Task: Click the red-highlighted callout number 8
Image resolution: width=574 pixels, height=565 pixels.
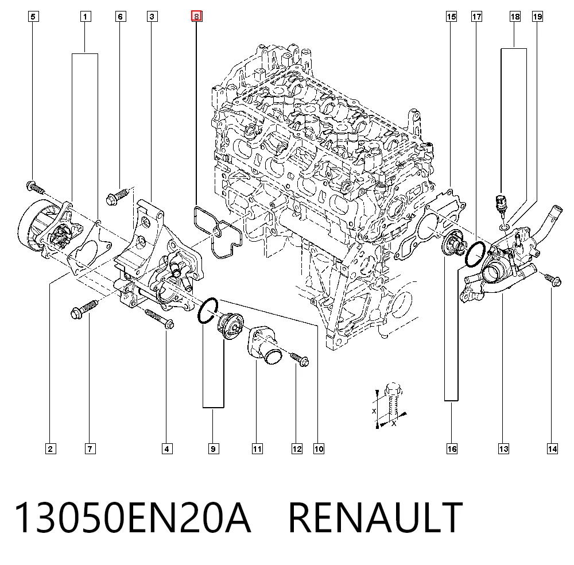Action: click(196, 17)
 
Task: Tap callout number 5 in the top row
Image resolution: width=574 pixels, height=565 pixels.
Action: click(33, 17)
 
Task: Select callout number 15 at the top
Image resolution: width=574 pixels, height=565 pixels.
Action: click(451, 17)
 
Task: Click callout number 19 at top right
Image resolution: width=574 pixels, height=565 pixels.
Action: click(537, 17)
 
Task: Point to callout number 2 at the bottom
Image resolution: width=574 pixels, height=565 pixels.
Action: click(51, 448)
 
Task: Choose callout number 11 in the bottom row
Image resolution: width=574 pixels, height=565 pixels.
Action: click(257, 448)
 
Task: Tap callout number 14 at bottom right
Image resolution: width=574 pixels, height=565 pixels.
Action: click(552, 448)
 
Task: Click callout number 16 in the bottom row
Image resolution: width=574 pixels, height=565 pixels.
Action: click(452, 448)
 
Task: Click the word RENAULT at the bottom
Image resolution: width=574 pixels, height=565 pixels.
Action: click(375, 517)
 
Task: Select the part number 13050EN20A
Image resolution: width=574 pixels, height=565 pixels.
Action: click(133, 517)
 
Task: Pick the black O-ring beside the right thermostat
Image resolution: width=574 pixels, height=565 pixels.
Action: click(475, 254)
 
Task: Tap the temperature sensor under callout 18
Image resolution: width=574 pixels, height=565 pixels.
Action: click(501, 205)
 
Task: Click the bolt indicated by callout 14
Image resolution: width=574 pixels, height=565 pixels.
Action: click(553, 280)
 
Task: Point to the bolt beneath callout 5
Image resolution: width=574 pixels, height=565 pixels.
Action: click(35, 188)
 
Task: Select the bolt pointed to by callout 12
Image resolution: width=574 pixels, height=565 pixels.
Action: click(300, 359)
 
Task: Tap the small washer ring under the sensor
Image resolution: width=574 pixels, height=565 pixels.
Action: click(504, 229)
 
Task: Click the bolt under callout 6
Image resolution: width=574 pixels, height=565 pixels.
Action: click(117, 196)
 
